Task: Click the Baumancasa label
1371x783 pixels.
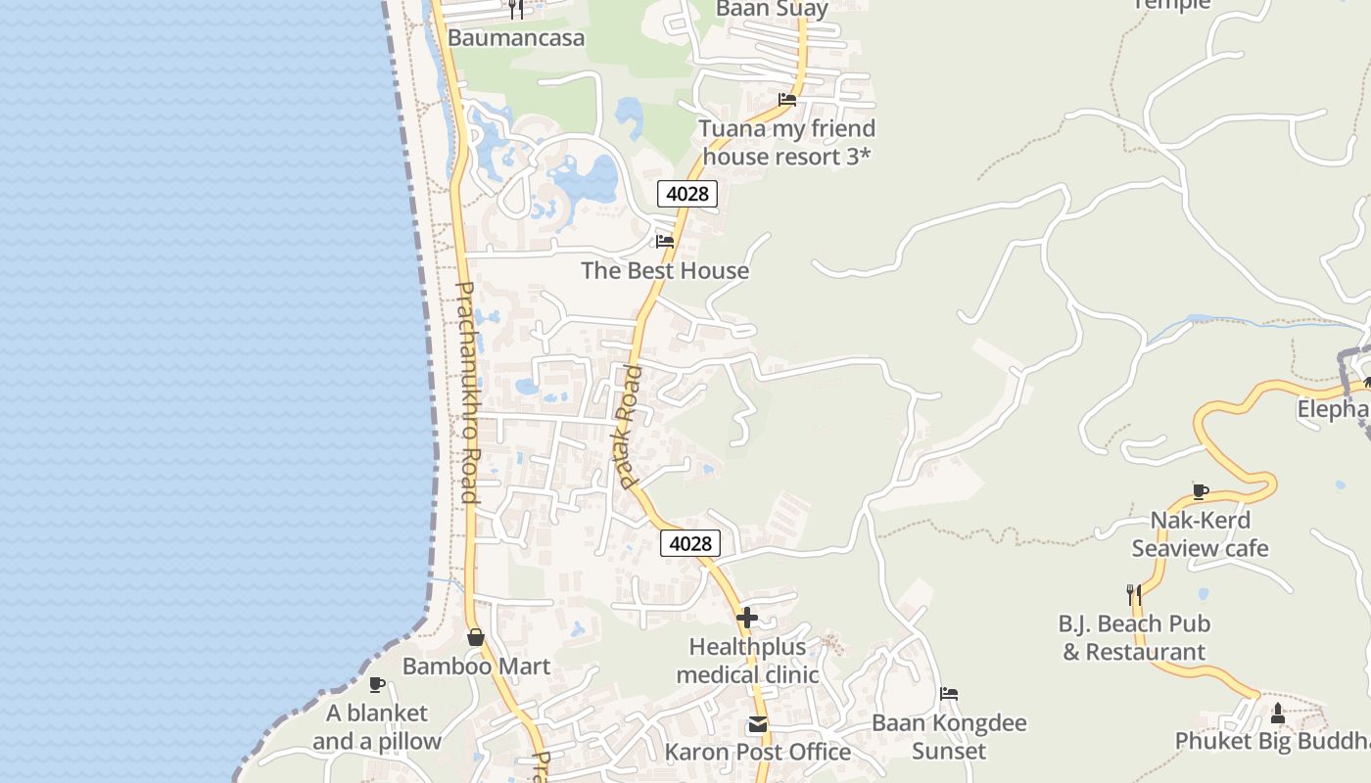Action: coord(516,38)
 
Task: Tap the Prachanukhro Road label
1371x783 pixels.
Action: coord(467,391)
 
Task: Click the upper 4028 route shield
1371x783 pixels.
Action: coord(686,194)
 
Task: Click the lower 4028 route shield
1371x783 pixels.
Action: coord(690,543)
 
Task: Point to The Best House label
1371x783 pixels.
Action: coord(665,271)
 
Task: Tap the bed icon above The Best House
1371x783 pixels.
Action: coord(665,241)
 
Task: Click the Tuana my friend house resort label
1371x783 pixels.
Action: coord(787,143)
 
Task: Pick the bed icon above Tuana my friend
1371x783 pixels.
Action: coord(786,99)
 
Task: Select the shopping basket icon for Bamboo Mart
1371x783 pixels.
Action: coord(476,637)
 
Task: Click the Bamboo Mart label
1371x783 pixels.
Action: coord(476,667)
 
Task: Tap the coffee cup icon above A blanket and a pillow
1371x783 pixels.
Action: coord(377,684)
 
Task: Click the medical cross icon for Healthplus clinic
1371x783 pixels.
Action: coord(747,618)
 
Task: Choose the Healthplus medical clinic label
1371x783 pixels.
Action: coord(747,661)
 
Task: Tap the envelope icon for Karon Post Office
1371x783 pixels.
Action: coord(757,724)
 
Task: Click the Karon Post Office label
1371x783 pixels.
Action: coord(757,753)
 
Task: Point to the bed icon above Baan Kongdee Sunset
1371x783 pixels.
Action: coord(948,694)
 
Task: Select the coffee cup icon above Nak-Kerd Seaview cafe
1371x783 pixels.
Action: coord(1201,491)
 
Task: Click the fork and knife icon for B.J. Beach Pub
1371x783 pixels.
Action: coord(1133,594)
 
